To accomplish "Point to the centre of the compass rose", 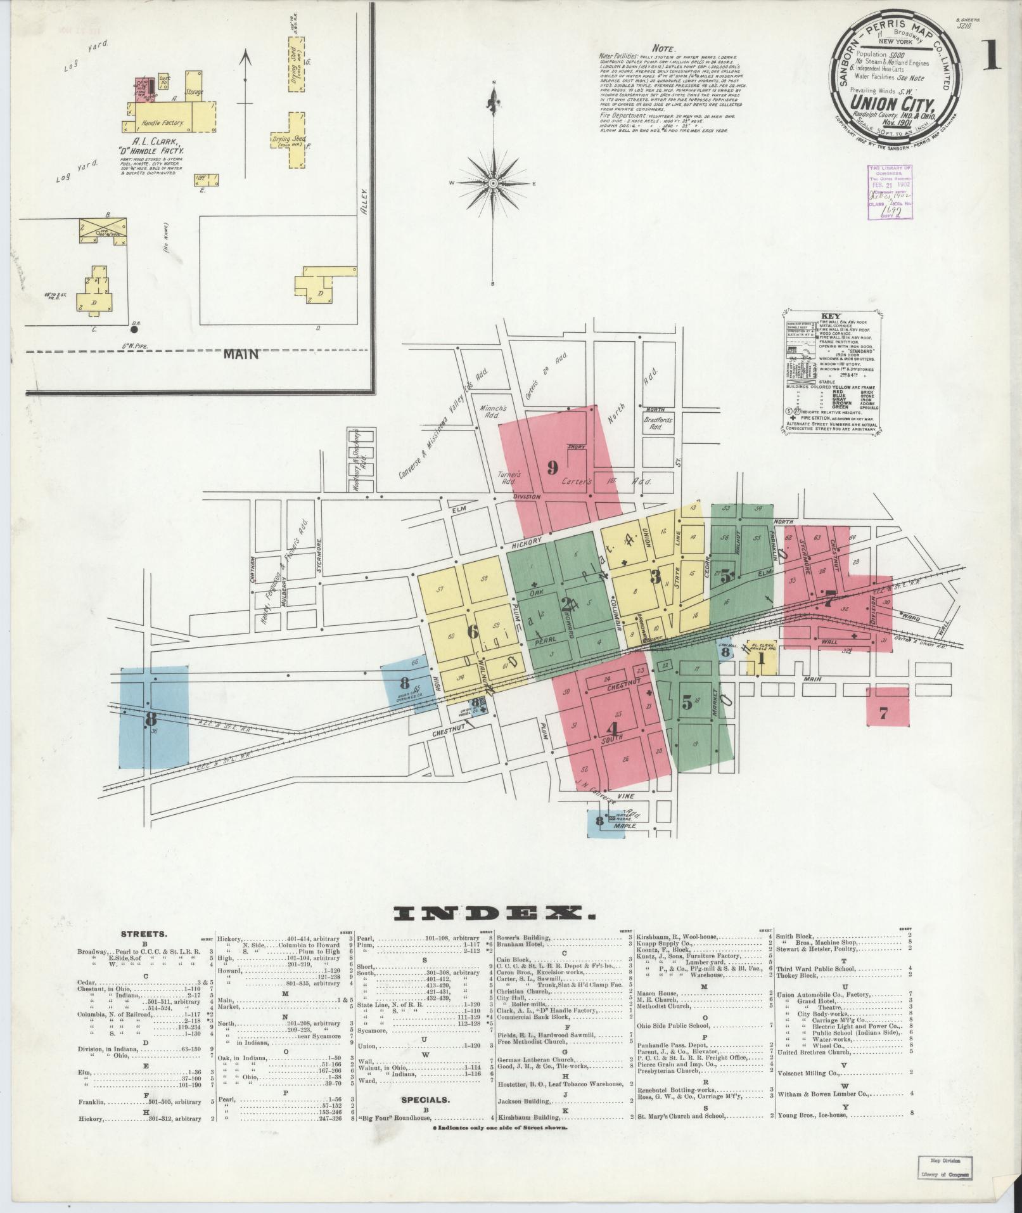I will (x=493, y=183).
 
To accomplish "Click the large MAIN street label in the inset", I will (x=241, y=354).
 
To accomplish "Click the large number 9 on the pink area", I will (x=552, y=468).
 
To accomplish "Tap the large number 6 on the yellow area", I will (x=471, y=632).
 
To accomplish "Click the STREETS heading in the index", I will (x=144, y=934).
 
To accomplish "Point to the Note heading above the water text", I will (x=664, y=48).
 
